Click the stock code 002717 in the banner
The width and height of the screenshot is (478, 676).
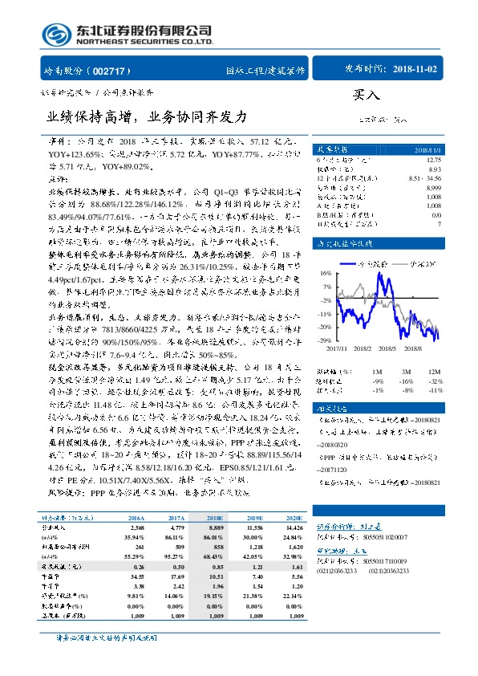(x=111, y=70)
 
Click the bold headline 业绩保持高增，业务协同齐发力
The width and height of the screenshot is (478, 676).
(x=148, y=116)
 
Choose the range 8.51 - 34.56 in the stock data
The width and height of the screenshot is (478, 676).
(x=425, y=177)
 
